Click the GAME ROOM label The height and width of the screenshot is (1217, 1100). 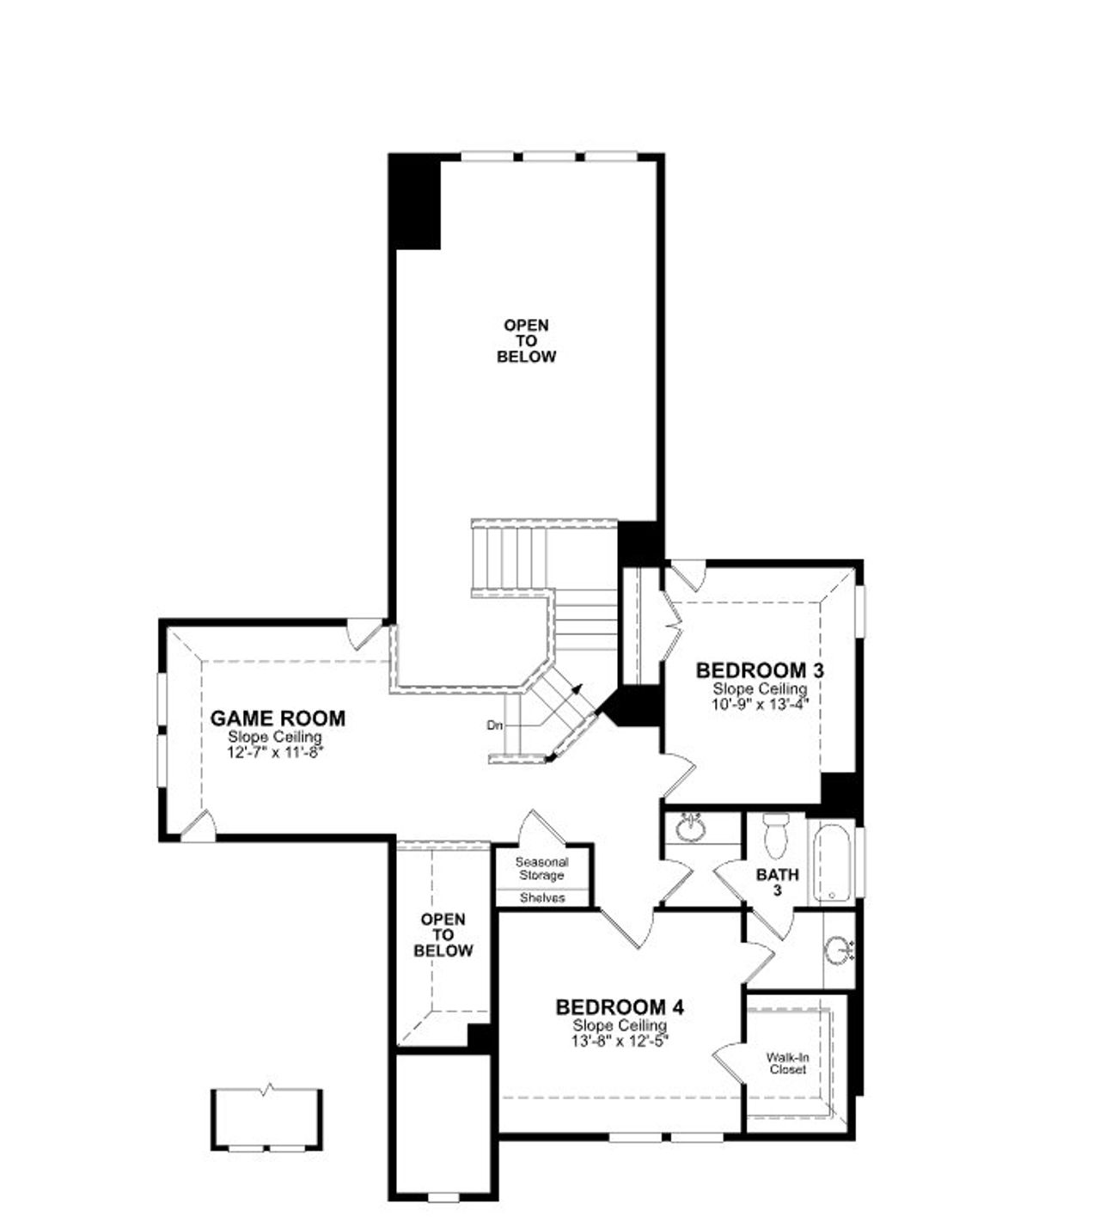(278, 719)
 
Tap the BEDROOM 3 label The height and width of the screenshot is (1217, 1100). (759, 670)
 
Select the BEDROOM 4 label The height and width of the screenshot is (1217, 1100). (619, 1006)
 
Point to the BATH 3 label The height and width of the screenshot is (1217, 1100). (777, 882)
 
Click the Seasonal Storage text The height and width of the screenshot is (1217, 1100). (541, 868)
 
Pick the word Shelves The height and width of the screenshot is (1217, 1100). (542, 898)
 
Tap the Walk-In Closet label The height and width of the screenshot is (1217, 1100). (786, 1064)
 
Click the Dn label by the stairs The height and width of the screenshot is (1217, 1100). (494, 725)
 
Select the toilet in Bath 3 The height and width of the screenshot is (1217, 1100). (775, 835)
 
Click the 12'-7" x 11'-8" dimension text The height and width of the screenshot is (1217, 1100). (275, 751)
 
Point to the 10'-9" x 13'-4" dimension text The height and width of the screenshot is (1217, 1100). (761, 702)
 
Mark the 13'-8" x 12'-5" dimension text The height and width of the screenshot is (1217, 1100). (620, 1039)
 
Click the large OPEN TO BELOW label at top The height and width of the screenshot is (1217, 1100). (526, 341)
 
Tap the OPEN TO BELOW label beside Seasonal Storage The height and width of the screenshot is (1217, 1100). (443, 935)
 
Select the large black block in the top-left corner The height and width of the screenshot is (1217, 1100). (416, 203)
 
